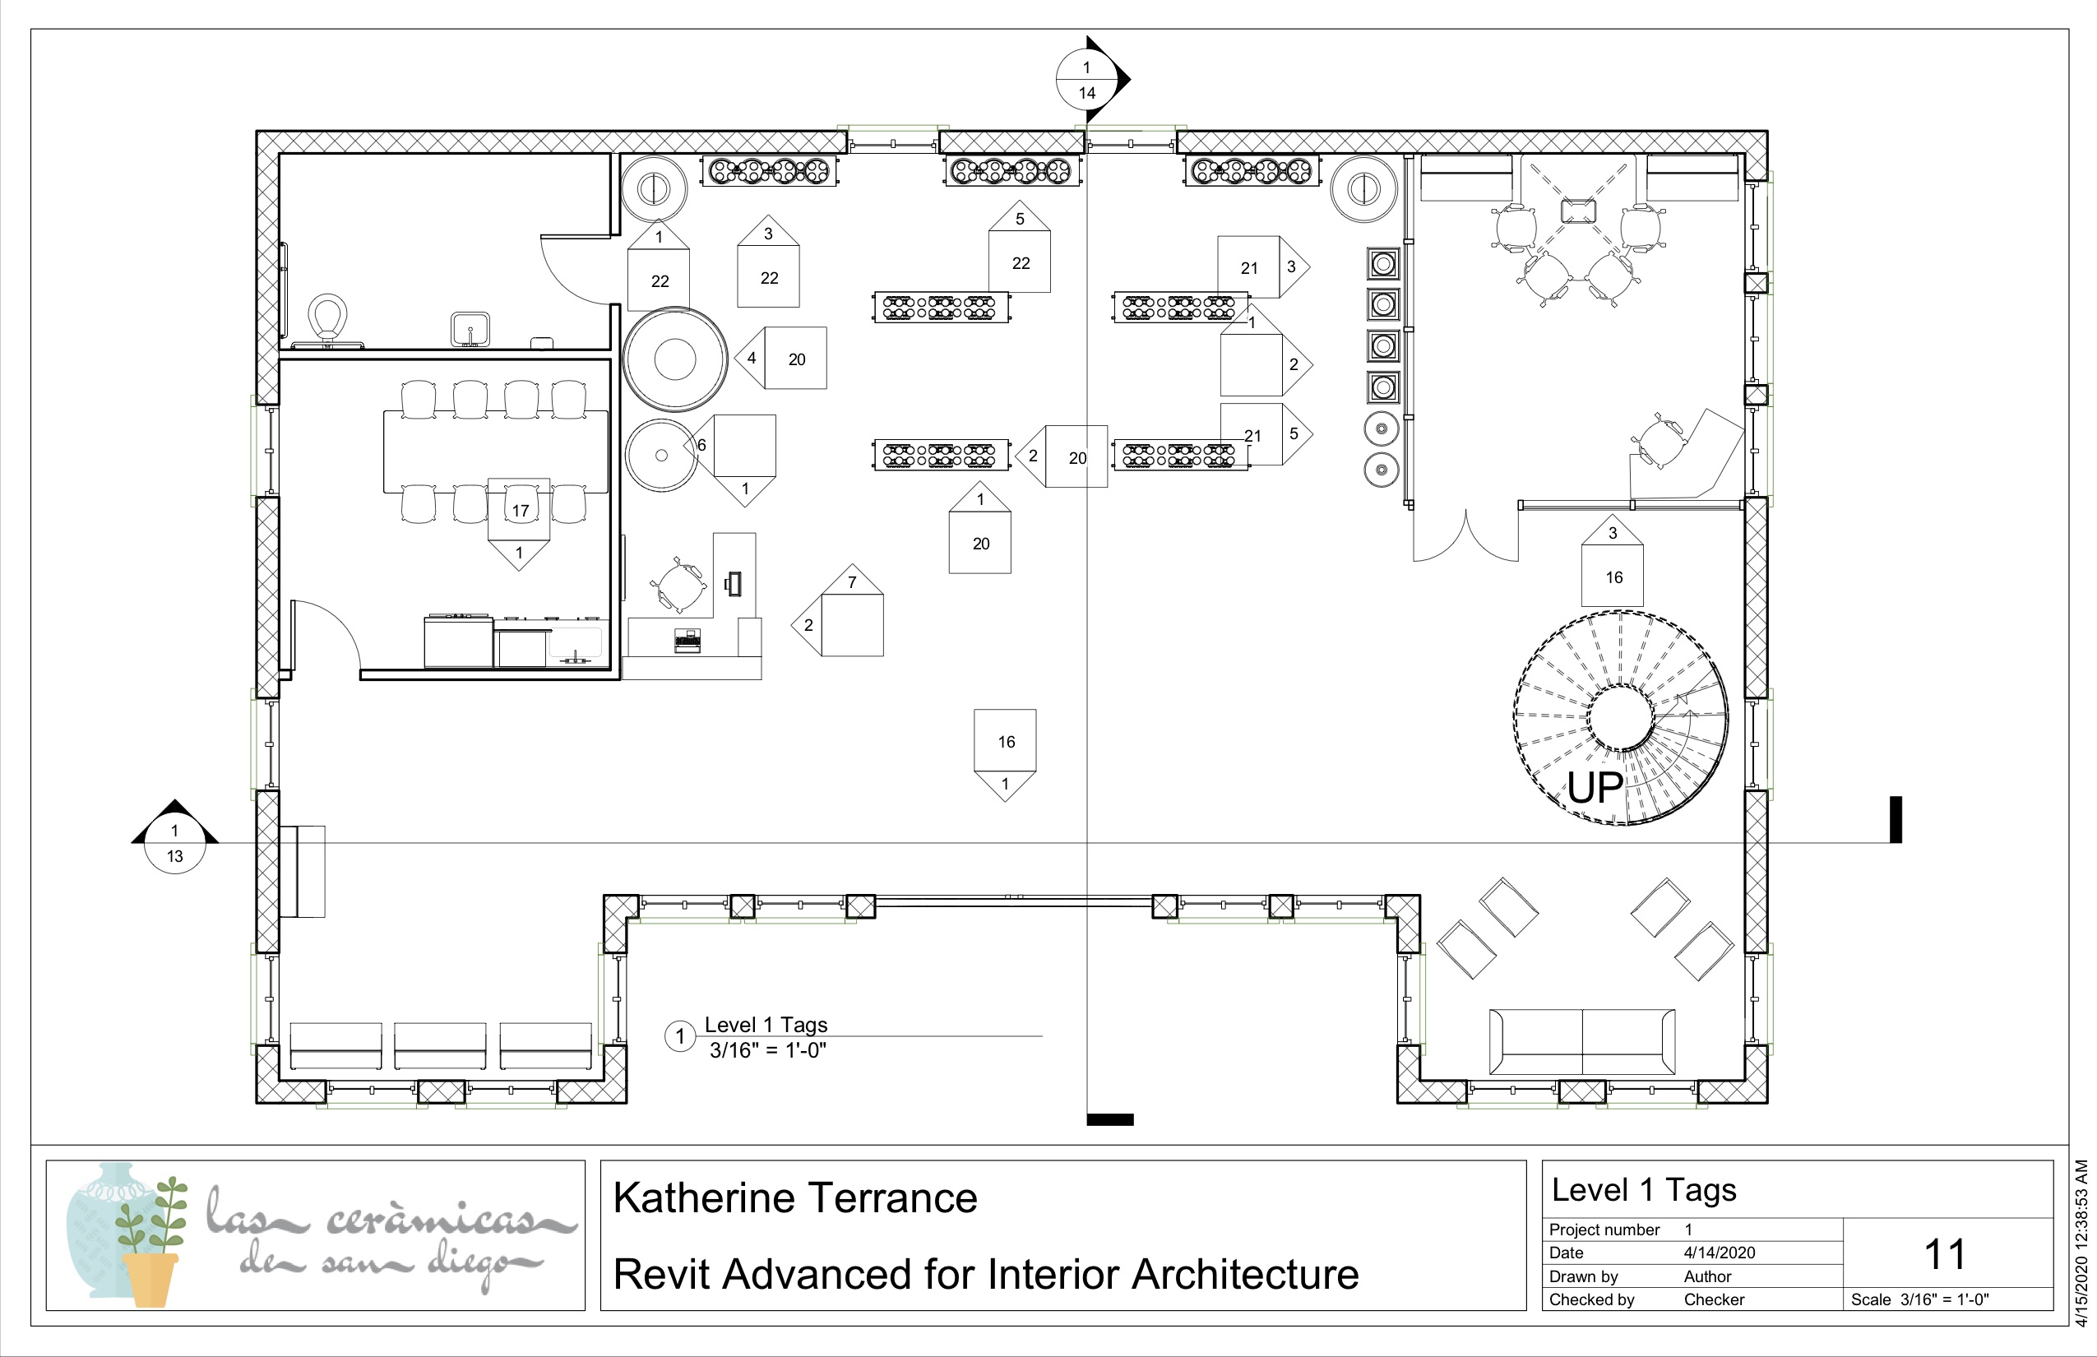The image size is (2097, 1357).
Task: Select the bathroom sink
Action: [470, 330]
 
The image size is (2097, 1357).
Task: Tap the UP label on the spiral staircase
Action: [1594, 788]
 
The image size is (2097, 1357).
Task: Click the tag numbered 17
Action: [520, 510]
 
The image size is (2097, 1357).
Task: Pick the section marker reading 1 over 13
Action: [174, 843]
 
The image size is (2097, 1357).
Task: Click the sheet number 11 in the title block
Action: [1945, 1254]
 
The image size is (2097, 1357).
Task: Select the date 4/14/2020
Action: [1719, 1252]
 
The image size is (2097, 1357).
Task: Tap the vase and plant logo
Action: [127, 1234]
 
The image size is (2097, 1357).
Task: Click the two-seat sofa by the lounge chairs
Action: [1582, 1041]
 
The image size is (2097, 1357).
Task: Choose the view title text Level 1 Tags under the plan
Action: [766, 1025]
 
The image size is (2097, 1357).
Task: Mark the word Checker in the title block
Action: [1714, 1299]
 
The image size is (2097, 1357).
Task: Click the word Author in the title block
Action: [1707, 1276]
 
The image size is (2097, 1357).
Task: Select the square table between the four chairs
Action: [1578, 211]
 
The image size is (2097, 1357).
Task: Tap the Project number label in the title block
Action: [1604, 1230]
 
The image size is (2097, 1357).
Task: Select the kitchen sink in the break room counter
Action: [576, 644]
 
